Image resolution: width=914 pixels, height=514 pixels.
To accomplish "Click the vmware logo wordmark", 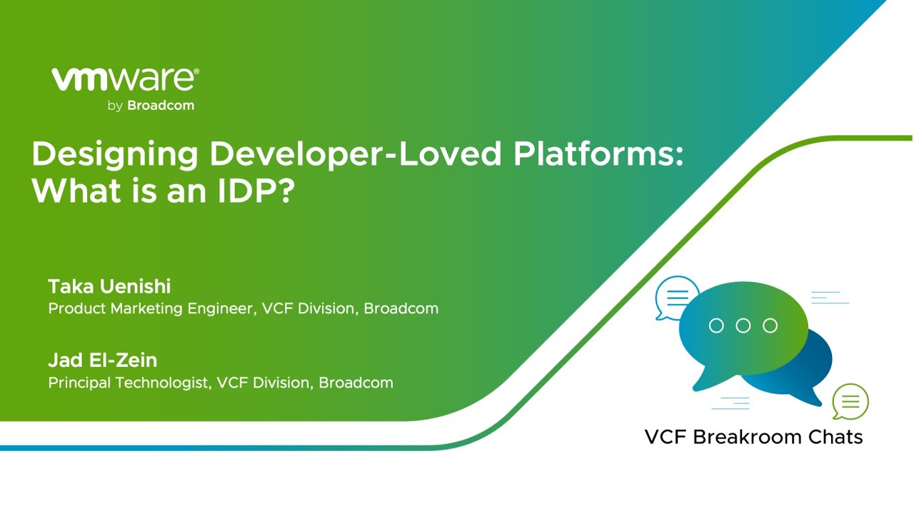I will click(x=125, y=80).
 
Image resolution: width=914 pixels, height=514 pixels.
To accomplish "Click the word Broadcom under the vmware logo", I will click(x=161, y=106).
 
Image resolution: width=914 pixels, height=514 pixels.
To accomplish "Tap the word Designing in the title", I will click(x=114, y=155).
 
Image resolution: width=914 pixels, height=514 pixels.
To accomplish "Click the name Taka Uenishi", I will click(x=109, y=287).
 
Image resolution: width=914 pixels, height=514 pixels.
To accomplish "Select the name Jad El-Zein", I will click(x=102, y=361).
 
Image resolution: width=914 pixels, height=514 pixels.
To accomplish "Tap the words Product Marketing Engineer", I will click(x=150, y=309).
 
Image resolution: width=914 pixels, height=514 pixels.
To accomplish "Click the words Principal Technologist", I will click(x=129, y=383).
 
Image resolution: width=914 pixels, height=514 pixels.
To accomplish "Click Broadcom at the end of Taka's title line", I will click(x=401, y=309).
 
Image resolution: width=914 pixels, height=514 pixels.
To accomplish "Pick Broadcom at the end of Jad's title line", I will click(x=356, y=383).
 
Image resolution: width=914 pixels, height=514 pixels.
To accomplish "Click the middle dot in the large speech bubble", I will click(x=743, y=326).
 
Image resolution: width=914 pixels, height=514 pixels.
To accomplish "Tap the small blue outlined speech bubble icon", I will click(x=676, y=297).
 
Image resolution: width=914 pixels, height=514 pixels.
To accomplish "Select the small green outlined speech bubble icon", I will click(x=850, y=403).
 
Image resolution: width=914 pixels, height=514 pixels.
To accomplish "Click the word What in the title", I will click(x=68, y=191).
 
